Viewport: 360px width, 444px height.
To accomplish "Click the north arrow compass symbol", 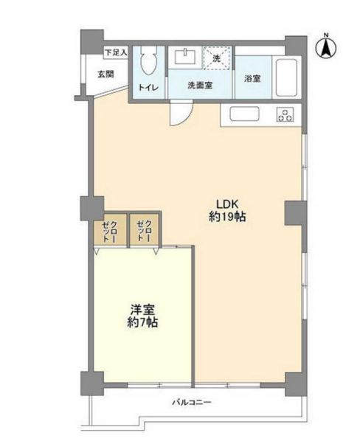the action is coord(326,46).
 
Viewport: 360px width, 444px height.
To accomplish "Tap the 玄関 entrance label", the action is coord(106,74).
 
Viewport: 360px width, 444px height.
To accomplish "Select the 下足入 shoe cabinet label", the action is coord(116,52).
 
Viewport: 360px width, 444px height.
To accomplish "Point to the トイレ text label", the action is coord(148,88).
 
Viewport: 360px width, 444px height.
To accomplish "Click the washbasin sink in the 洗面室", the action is coord(185,57).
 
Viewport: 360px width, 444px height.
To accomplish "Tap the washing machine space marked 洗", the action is coord(217,58).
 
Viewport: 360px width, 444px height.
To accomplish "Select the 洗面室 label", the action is coord(200,86).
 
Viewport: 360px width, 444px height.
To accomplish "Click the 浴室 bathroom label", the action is coord(252,78).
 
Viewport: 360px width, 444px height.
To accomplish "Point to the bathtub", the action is coord(286,77).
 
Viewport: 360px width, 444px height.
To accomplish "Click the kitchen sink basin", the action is coord(244,114).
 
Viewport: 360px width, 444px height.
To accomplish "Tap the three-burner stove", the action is coord(285,114).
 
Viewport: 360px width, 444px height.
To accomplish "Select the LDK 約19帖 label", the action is coord(227,210).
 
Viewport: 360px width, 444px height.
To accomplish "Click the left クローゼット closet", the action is coord(110,229).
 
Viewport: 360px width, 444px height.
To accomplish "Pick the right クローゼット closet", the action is coord(145,229).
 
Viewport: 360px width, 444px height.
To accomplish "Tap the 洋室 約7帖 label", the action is coord(142,316).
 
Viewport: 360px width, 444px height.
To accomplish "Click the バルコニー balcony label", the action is coord(192,402).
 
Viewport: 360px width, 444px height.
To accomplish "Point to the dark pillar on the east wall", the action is coord(296,213).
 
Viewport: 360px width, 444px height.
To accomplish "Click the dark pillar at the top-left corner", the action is coord(92,41).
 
